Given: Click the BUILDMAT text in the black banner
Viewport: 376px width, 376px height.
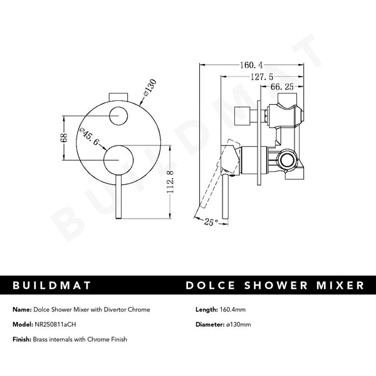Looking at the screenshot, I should click(51, 286).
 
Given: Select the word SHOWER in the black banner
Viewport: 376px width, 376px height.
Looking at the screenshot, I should click(279, 286).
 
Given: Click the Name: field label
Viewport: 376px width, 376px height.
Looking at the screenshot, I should click(23, 310).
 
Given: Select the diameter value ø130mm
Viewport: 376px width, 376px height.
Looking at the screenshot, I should click(238, 324).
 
